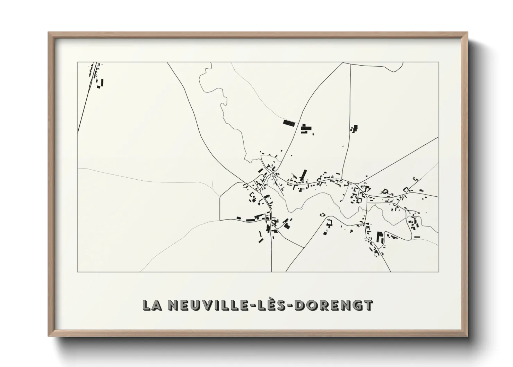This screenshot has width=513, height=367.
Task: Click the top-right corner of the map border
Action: [x=438, y=62]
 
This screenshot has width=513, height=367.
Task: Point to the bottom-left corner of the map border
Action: [x=77, y=272]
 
